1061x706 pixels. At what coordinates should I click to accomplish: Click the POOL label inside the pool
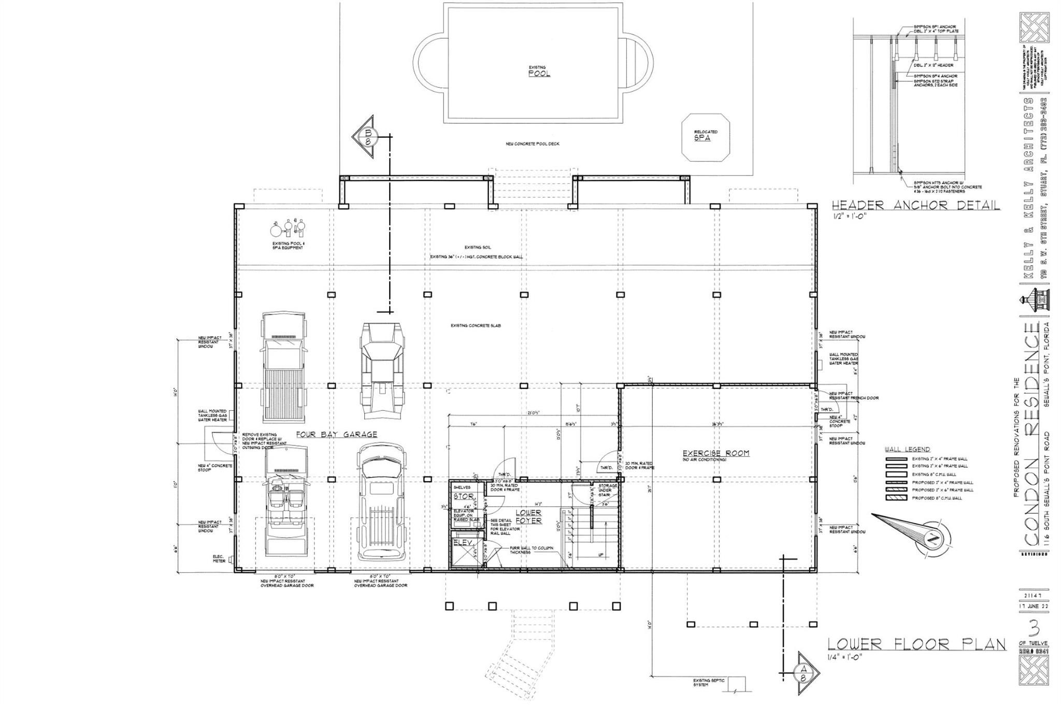(539, 74)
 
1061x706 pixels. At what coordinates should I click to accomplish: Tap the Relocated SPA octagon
(705, 137)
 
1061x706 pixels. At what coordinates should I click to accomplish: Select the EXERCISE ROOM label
(716, 453)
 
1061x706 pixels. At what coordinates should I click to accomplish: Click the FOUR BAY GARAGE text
(337, 435)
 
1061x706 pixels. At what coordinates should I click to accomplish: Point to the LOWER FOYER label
(528, 516)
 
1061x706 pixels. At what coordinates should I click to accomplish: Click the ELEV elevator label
(463, 542)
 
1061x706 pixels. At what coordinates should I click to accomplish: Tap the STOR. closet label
(464, 496)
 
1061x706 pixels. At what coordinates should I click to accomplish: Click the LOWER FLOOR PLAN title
(916, 644)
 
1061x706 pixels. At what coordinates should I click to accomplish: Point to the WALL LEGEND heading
(907, 449)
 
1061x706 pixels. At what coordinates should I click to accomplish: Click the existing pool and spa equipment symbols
(288, 228)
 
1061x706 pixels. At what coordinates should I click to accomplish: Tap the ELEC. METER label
(218, 559)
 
